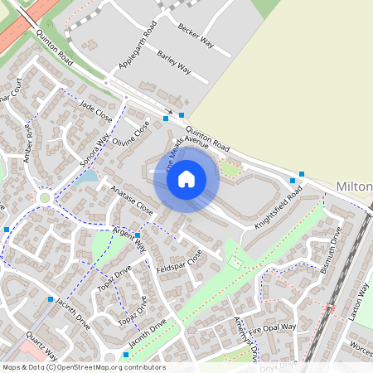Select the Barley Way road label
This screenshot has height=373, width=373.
coord(173,65)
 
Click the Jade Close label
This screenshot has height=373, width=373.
coord(95,109)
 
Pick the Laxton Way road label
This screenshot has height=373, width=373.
coord(358,302)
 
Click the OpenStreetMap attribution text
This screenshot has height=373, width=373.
coord(83,367)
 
